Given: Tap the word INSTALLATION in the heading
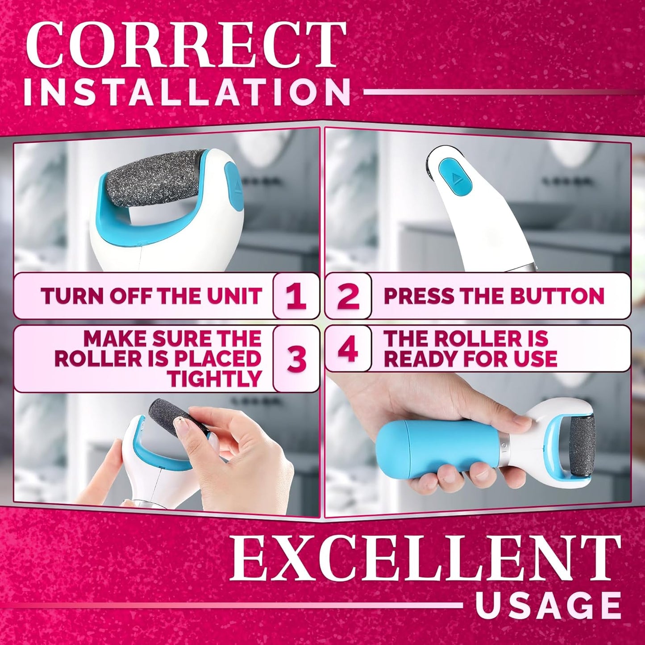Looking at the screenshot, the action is [x=187, y=92].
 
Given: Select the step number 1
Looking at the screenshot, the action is [x=296, y=296].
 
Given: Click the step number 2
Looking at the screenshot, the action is [x=348, y=296].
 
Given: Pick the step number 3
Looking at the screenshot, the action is [x=296, y=359].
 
